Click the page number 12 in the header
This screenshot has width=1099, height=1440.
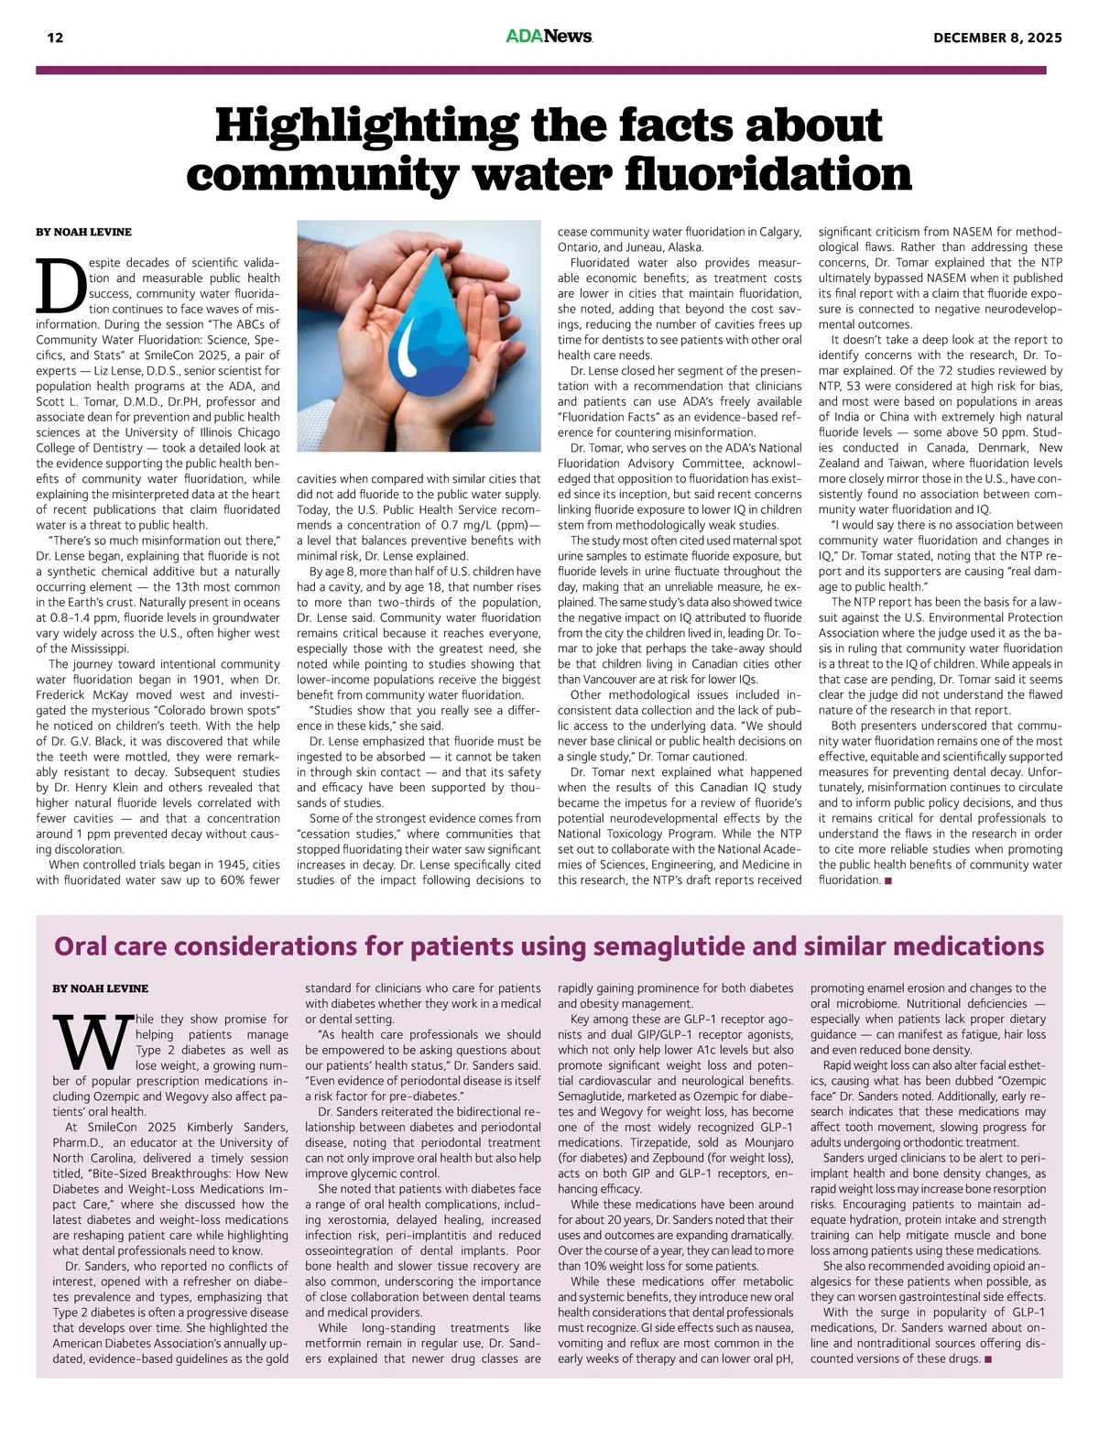click(x=55, y=38)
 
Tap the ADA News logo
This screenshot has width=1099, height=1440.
click(x=549, y=37)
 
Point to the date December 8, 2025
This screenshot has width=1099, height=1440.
click(x=997, y=38)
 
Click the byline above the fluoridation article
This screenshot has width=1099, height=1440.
click(x=83, y=232)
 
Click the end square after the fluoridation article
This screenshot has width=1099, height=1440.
click(x=888, y=881)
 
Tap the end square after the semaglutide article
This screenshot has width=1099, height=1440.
click(x=988, y=1359)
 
